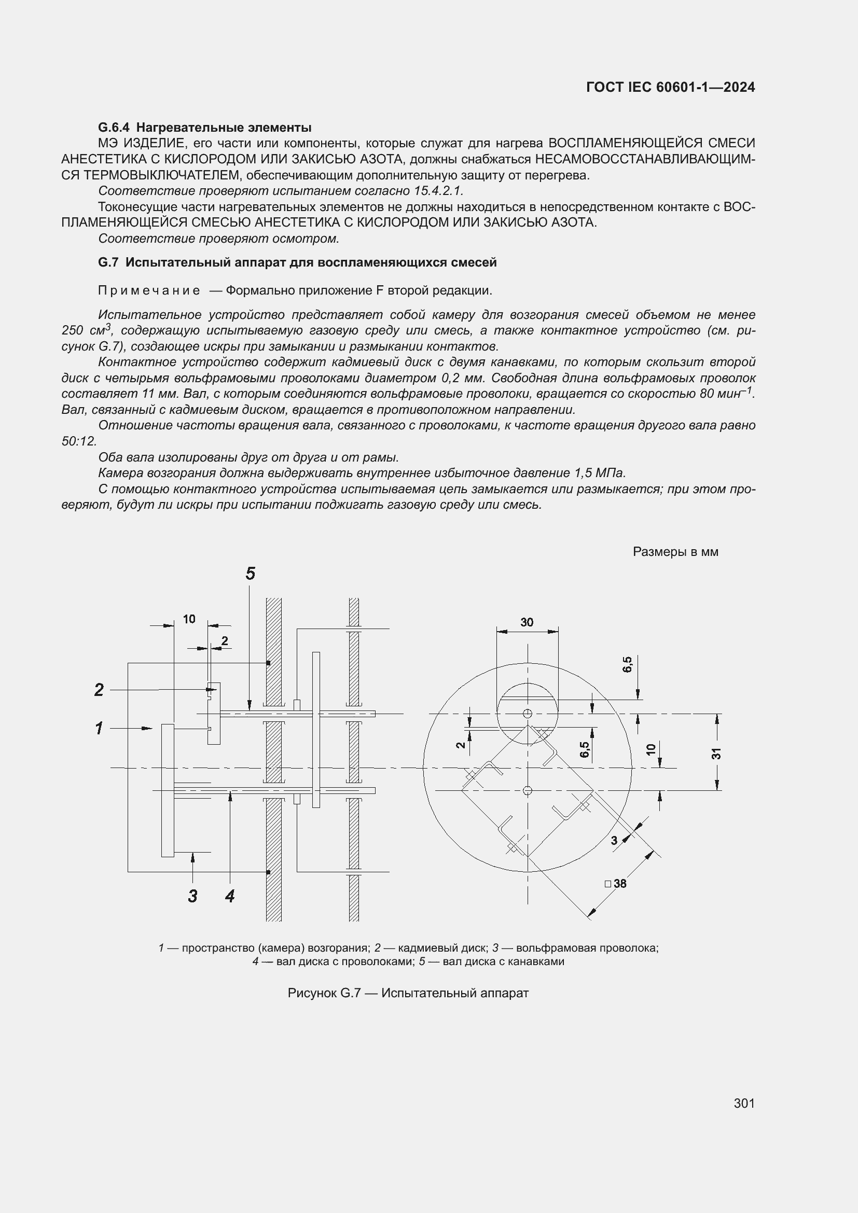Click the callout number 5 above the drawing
click(251, 573)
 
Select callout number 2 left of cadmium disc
click(99, 689)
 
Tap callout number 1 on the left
click(99, 729)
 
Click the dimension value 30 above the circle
click(527, 622)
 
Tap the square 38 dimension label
click(616, 883)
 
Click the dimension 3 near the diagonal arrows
click(614, 841)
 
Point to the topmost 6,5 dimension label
click(627, 665)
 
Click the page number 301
click(744, 1103)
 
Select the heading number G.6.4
click(114, 128)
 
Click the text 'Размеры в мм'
click(675, 552)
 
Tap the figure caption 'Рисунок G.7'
click(324, 993)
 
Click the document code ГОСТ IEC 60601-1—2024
click(670, 87)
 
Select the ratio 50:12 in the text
click(79, 441)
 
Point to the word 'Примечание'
click(149, 290)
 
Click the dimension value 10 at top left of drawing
click(189, 619)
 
